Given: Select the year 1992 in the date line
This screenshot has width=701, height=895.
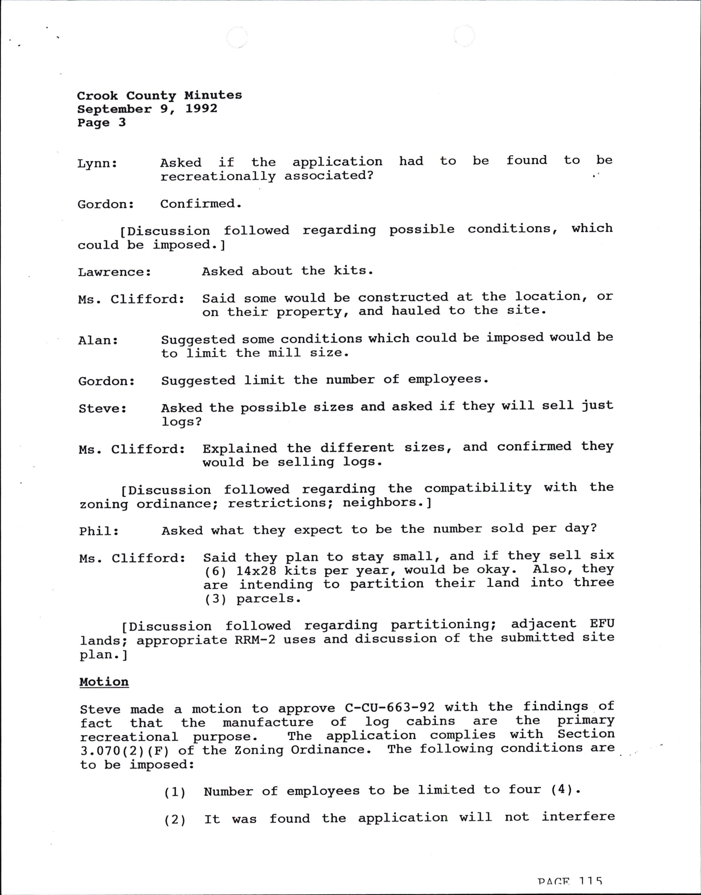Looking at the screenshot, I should pyautogui.click(x=201, y=109).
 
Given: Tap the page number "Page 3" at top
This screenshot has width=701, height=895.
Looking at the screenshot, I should pyautogui.click(x=101, y=123).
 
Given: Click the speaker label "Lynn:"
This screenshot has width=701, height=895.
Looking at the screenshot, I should pyautogui.click(x=97, y=164).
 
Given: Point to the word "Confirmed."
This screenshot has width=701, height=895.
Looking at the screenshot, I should pyautogui.click(x=201, y=204).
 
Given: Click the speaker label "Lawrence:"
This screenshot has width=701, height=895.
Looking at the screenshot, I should pyautogui.click(x=115, y=272).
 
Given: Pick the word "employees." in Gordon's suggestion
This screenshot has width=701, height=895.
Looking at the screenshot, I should pyautogui.click(x=448, y=379).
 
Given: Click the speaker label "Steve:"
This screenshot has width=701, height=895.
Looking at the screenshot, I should pyautogui.click(x=102, y=409).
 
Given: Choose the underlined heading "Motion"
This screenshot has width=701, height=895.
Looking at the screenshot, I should pyautogui.click(x=104, y=682).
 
